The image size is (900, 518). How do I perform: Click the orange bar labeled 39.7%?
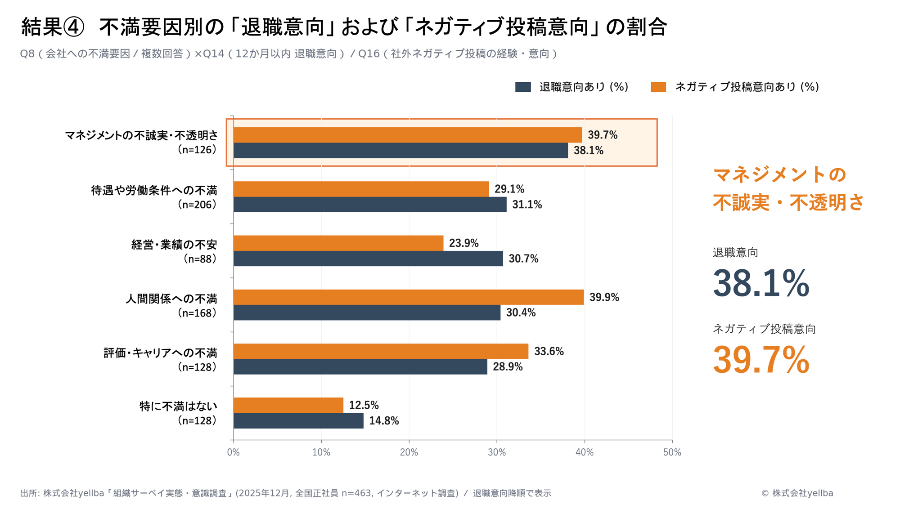tap(408, 135)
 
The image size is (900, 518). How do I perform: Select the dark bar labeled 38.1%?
tap(400, 151)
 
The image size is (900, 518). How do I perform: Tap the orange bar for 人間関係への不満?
tap(409, 297)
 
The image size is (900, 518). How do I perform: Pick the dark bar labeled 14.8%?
tap(298, 421)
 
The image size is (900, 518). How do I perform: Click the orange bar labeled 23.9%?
tap(338, 243)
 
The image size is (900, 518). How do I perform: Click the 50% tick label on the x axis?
tap(672, 452)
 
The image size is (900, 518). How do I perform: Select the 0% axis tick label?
tap(233, 452)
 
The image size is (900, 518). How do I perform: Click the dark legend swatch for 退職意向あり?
tap(523, 87)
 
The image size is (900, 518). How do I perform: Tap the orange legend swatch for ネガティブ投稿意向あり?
tap(658, 87)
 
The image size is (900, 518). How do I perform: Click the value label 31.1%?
tap(527, 205)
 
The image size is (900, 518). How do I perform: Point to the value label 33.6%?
tap(549, 351)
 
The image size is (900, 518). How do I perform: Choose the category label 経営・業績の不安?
tap(174, 245)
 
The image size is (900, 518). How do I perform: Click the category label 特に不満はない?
tap(178, 406)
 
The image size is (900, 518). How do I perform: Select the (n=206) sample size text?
tap(198, 205)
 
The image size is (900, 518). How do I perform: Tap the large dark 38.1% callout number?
tap(761, 283)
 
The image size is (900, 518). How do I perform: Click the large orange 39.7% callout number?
tap(761, 360)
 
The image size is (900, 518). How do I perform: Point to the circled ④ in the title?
tap(73, 27)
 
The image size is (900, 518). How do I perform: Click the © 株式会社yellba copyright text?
tap(797, 493)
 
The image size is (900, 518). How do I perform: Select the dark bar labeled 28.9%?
tap(360, 367)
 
